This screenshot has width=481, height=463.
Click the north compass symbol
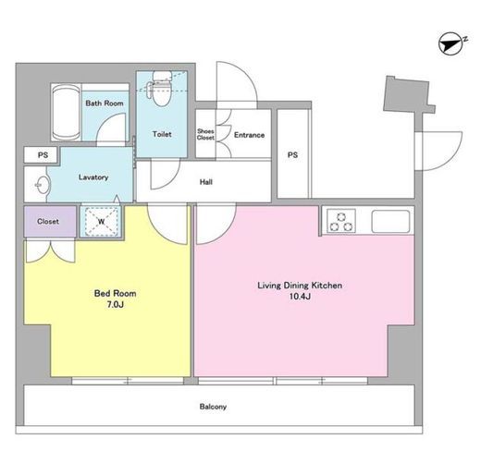click(x=452, y=45)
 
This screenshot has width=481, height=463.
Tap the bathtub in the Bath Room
click(x=66, y=113)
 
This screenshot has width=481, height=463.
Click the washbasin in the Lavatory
click(x=42, y=185)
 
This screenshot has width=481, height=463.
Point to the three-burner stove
click(x=340, y=221)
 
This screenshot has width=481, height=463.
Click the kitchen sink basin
click(x=390, y=221)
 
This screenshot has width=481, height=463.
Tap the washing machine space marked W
click(x=102, y=221)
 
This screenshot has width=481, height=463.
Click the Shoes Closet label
click(x=205, y=135)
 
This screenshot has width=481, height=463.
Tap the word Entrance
click(x=249, y=135)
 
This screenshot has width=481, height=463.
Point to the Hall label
click(x=206, y=182)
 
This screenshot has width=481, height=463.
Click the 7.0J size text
click(x=116, y=305)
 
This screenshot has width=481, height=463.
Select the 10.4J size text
click(x=300, y=297)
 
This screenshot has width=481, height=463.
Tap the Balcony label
click(x=213, y=407)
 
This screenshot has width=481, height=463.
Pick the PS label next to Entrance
click(x=292, y=155)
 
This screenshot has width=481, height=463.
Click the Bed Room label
click(x=115, y=293)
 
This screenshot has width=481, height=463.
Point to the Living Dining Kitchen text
click(x=300, y=286)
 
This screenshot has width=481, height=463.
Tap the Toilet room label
click(x=162, y=134)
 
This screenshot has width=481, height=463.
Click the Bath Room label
click(x=105, y=104)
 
